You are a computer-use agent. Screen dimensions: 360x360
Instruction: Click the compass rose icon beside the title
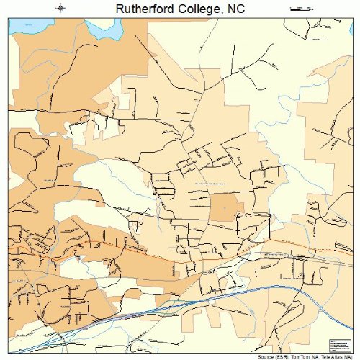(x=61, y=8)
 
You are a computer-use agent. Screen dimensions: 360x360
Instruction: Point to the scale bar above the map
(x=298, y=8)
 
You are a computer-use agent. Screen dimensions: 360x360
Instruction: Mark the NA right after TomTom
(x=309, y=356)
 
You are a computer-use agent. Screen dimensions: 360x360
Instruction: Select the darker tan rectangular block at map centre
(x=222, y=207)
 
